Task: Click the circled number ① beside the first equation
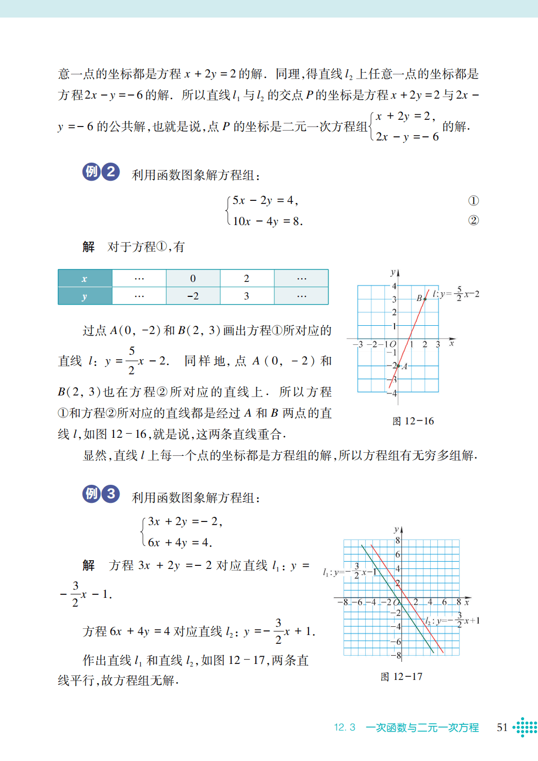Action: [473, 201]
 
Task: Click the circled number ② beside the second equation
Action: [473, 220]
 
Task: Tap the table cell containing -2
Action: [193, 296]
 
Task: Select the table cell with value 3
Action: [247, 296]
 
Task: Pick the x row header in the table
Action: [85, 278]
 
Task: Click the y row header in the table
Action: [85, 296]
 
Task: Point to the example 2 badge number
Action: [111, 171]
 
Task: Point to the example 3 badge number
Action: [111, 494]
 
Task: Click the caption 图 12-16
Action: [413, 421]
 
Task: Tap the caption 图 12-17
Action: [401, 677]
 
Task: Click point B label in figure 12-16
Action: [419, 298]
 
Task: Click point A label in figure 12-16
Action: [404, 367]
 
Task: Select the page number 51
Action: [502, 727]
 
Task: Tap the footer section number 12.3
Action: [345, 727]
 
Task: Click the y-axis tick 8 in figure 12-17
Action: [397, 541]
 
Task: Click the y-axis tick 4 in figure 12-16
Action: [394, 286]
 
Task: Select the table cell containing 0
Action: [193, 278]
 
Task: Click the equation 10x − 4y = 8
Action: [268, 221]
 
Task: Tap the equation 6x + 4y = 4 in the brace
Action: [180, 543]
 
